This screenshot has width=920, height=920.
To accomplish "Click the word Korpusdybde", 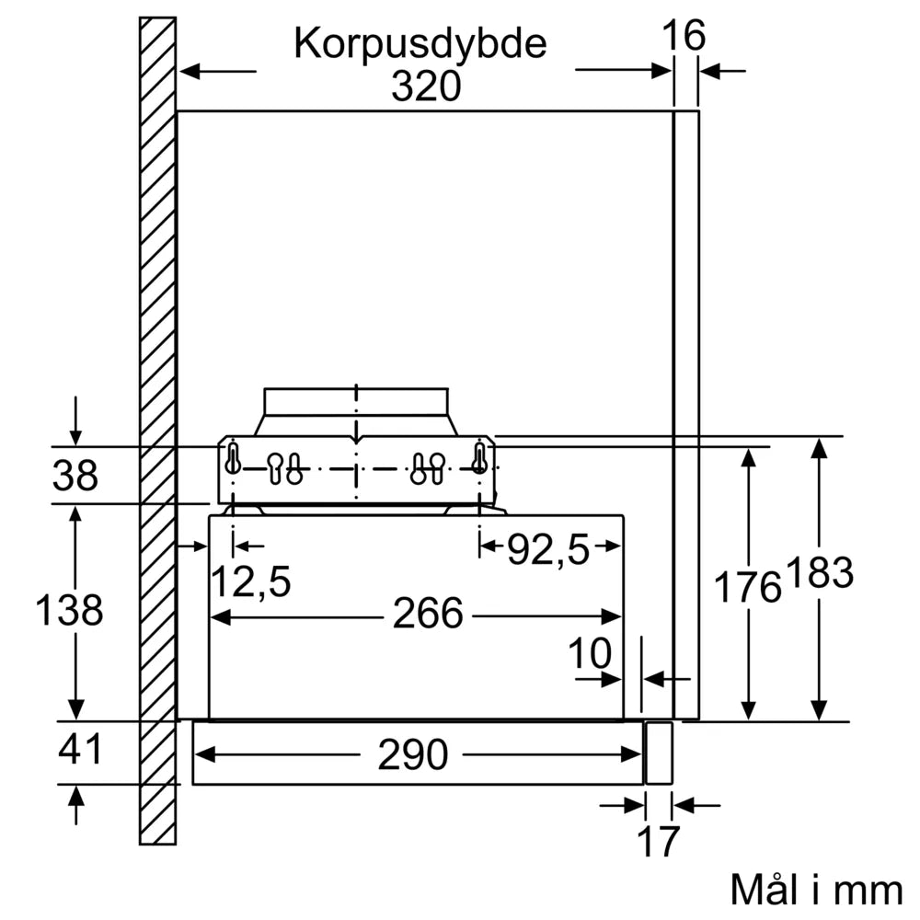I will [x=420, y=43].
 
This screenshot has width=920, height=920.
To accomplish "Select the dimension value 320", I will [x=425, y=86].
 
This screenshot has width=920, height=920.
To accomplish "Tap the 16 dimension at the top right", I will [x=684, y=36].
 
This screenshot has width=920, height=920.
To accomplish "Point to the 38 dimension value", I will [x=75, y=476].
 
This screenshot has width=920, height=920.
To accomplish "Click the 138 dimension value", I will [x=69, y=610].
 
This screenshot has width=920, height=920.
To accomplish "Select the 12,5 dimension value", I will [x=251, y=581].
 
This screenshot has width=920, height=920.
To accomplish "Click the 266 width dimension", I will [x=427, y=614].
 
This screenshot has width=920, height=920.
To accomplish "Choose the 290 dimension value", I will [x=412, y=755].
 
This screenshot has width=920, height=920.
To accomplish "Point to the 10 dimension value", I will [x=590, y=654].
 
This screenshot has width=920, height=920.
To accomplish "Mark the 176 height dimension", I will [x=748, y=586].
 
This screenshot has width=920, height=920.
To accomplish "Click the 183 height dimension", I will [x=819, y=573].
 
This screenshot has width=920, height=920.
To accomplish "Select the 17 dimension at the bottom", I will [x=658, y=841].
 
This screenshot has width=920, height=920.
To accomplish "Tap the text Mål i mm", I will [x=816, y=890].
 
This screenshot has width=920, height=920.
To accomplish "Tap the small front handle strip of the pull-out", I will [x=659, y=753].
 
